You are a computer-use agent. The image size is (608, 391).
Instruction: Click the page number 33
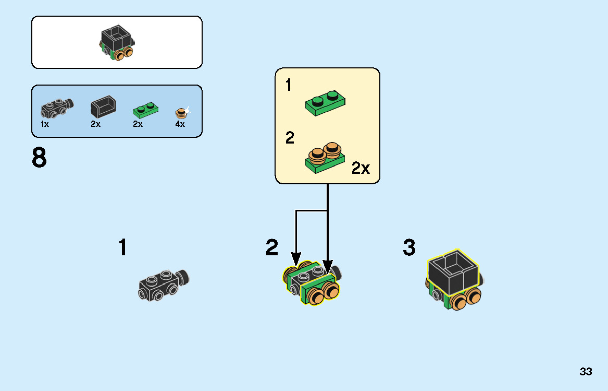pyautogui.click(x=586, y=372)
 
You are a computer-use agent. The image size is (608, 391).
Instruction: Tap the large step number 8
pyautogui.click(x=39, y=158)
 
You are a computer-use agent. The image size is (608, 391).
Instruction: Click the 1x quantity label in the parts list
pyautogui.click(x=45, y=124)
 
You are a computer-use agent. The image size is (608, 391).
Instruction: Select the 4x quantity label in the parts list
pyautogui.click(x=180, y=124)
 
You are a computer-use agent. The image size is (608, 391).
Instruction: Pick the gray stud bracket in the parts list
pyautogui.click(x=57, y=108)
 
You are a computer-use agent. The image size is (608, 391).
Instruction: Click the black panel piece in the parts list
pyautogui.click(x=103, y=106)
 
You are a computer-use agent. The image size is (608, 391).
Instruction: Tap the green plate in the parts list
pyautogui.click(x=145, y=110)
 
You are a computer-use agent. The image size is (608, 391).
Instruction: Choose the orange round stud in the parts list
pyautogui.click(x=181, y=113)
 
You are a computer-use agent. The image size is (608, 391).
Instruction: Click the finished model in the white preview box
pyautogui.click(x=117, y=43)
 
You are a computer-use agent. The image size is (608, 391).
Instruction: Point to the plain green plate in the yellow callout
pyautogui.click(x=325, y=103)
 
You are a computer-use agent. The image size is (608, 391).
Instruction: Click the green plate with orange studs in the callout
pyautogui.click(x=325, y=158)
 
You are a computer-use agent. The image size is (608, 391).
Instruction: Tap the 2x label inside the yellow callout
pyautogui.click(x=361, y=168)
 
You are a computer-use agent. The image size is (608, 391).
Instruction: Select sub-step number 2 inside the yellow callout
pyautogui.click(x=290, y=138)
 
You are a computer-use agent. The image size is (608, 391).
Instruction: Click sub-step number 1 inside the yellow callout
pyautogui.click(x=288, y=85)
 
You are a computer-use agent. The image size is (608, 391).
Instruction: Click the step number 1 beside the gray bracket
pyautogui.click(x=123, y=247)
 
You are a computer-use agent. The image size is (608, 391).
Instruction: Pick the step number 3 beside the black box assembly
pyautogui.click(x=409, y=247)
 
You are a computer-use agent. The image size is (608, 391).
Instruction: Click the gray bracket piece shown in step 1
pyautogui.click(x=164, y=285)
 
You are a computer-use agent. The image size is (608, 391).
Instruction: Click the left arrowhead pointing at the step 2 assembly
pyautogui.click(x=296, y=259)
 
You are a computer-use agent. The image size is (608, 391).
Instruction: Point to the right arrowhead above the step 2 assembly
pyautogui.click(x=328, y=267)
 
